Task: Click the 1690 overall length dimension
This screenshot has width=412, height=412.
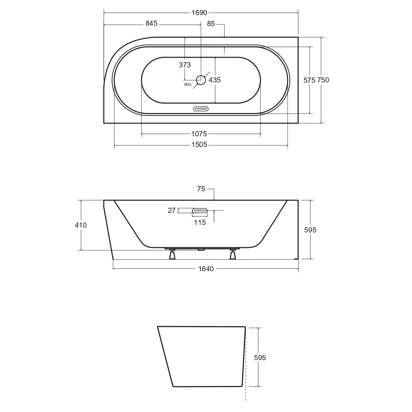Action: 199,13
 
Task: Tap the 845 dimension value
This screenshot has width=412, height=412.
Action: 151,23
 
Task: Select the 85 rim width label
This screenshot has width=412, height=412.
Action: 210,24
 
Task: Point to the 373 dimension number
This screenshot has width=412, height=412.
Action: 185,65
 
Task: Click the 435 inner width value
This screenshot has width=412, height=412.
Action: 215,80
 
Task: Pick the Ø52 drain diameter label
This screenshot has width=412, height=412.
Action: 188,85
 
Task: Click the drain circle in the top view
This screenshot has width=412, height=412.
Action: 201,80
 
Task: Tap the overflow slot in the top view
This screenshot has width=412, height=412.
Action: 201,109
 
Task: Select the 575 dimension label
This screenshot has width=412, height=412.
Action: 309,80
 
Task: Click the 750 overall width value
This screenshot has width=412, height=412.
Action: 323,80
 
